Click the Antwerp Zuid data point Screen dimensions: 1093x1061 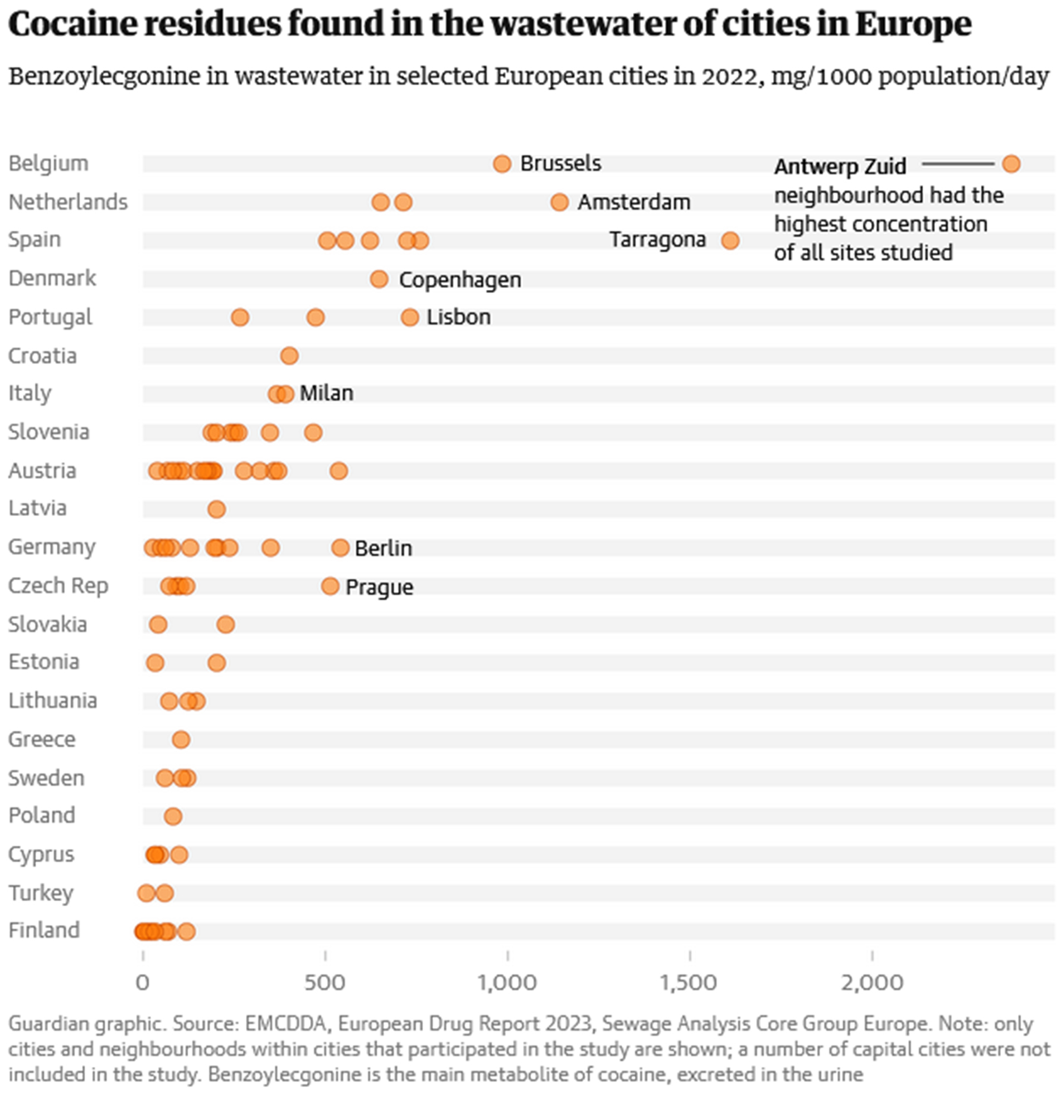1011,164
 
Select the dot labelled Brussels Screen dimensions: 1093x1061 502,164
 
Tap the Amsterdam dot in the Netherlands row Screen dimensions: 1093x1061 559,202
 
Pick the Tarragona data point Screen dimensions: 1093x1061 730,241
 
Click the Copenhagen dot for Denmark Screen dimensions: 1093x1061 379,279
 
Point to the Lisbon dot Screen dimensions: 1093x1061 409,318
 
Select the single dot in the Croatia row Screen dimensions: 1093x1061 289,356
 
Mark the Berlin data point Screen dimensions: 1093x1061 340,548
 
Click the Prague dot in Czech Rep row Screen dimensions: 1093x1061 330,586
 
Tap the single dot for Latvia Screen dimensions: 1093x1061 216,509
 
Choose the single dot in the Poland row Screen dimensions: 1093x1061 173,817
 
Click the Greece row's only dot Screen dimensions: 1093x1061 181,740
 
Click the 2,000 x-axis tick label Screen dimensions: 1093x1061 872,983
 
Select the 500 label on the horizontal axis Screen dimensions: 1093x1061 324,983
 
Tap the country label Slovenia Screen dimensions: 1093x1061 49,432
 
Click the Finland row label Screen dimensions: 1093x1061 44,930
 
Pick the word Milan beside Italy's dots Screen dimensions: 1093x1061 326,394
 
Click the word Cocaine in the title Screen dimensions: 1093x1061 72,25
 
